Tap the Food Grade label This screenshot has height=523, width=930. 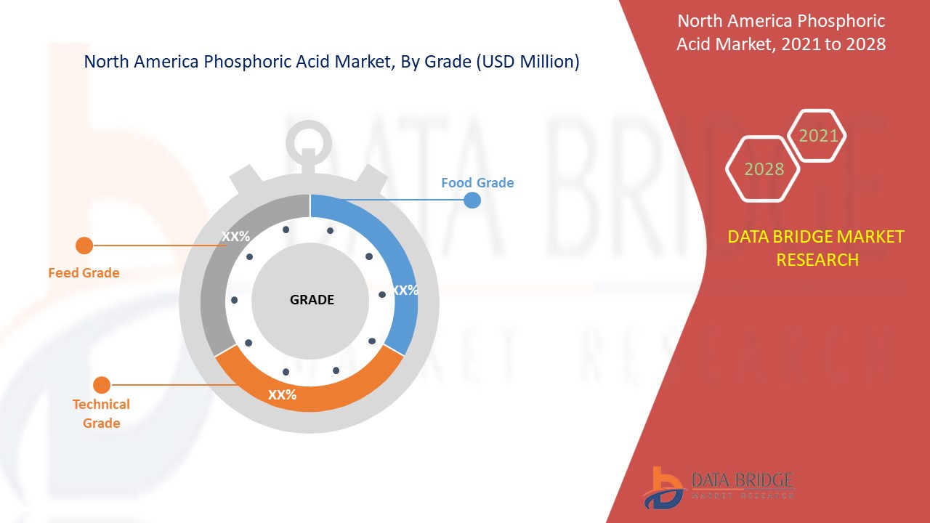[477, 183]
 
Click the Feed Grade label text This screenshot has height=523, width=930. [84, 273]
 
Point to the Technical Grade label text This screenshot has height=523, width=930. [101, 413]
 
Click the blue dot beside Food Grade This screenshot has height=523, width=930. [472, 200]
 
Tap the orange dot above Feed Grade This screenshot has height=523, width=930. [84, 246]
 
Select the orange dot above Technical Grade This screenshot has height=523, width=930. [102, 385]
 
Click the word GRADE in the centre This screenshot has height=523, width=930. [312, 300]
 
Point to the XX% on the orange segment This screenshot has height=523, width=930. [282, 395]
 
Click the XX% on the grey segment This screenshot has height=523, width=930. [235, 236]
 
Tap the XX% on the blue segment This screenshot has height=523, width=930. [405, 291]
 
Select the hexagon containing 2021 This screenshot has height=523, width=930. [818, 136]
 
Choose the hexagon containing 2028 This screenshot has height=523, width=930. [764, 169]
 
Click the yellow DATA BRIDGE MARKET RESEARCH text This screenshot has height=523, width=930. [817, 248]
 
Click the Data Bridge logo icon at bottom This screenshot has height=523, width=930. [663, 487]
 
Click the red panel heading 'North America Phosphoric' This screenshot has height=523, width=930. [781, 21]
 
